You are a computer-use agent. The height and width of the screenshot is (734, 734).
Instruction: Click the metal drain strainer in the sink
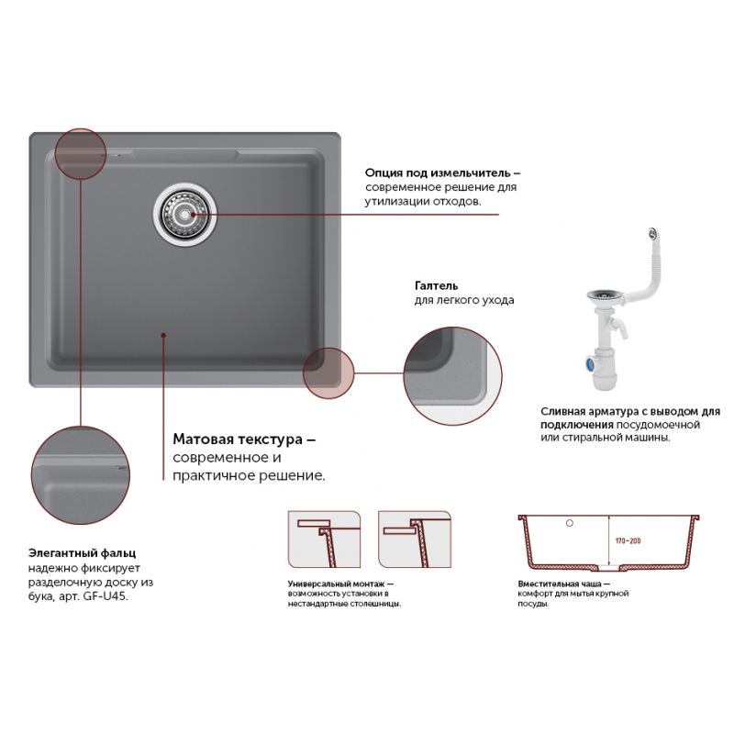[x=185, y=214]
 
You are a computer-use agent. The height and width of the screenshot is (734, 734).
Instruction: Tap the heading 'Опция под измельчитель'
[x=438, y=172]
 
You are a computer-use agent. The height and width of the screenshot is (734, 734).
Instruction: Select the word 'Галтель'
[x=437, y=285]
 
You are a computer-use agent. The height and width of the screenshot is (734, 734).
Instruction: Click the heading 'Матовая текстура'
[x=238, y=439]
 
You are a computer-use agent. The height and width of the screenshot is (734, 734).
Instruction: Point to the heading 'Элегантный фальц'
[x=82, y=553]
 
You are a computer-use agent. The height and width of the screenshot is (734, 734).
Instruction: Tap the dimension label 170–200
[x=628, y=540]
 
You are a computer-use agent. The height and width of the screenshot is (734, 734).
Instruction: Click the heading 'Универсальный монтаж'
[x=336, y=584]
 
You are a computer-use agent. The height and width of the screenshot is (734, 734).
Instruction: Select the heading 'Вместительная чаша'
[x=560, y=584]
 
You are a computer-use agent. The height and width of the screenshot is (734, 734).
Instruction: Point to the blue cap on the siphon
[x=588, y=362]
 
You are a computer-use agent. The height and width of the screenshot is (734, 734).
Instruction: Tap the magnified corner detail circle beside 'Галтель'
[x=452, y=376]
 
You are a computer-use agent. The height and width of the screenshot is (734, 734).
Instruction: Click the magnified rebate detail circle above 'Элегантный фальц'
[x=81, y=475]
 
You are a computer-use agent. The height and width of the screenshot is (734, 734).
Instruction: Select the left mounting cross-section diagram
[x=324, y=539]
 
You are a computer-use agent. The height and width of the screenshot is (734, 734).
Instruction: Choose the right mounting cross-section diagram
[x=415, y=539]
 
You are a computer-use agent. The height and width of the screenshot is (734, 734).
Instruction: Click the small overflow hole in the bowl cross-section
[x=570, y=523]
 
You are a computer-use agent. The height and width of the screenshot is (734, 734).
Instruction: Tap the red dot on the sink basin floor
[x=163, y=335]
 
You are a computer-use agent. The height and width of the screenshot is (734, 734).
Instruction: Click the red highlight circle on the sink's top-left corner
[x=81, y=154]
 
